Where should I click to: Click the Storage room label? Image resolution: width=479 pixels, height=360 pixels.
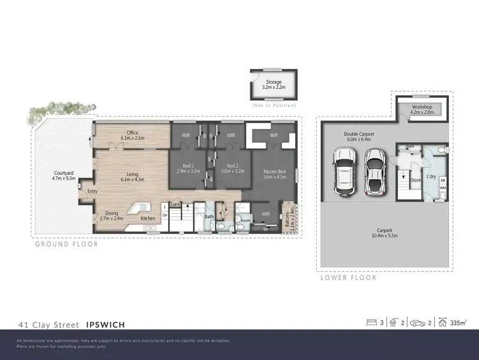(273, 82)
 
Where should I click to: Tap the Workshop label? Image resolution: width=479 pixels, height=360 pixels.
(422, 107)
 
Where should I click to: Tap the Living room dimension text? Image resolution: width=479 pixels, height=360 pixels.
(132, 179)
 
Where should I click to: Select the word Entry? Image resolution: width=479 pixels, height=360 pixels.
(93, 191)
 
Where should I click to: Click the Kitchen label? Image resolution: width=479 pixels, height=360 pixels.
(148, 219)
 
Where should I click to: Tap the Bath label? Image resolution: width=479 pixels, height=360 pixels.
(209, 217)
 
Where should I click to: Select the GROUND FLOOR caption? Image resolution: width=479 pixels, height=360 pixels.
(66, 244)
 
